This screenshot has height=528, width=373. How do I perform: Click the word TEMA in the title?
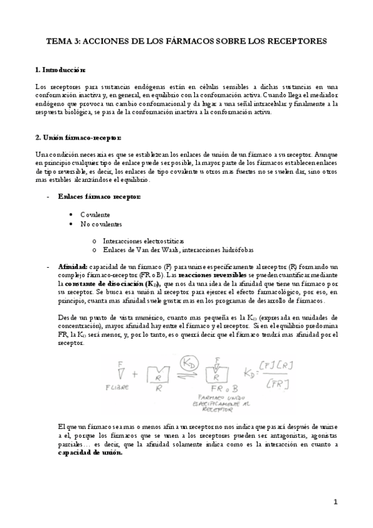click(x=59, y=40)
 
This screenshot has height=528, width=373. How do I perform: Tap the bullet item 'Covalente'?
click(x=95, y=214)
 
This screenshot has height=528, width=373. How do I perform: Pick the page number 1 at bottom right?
click(x=335, y=502)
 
